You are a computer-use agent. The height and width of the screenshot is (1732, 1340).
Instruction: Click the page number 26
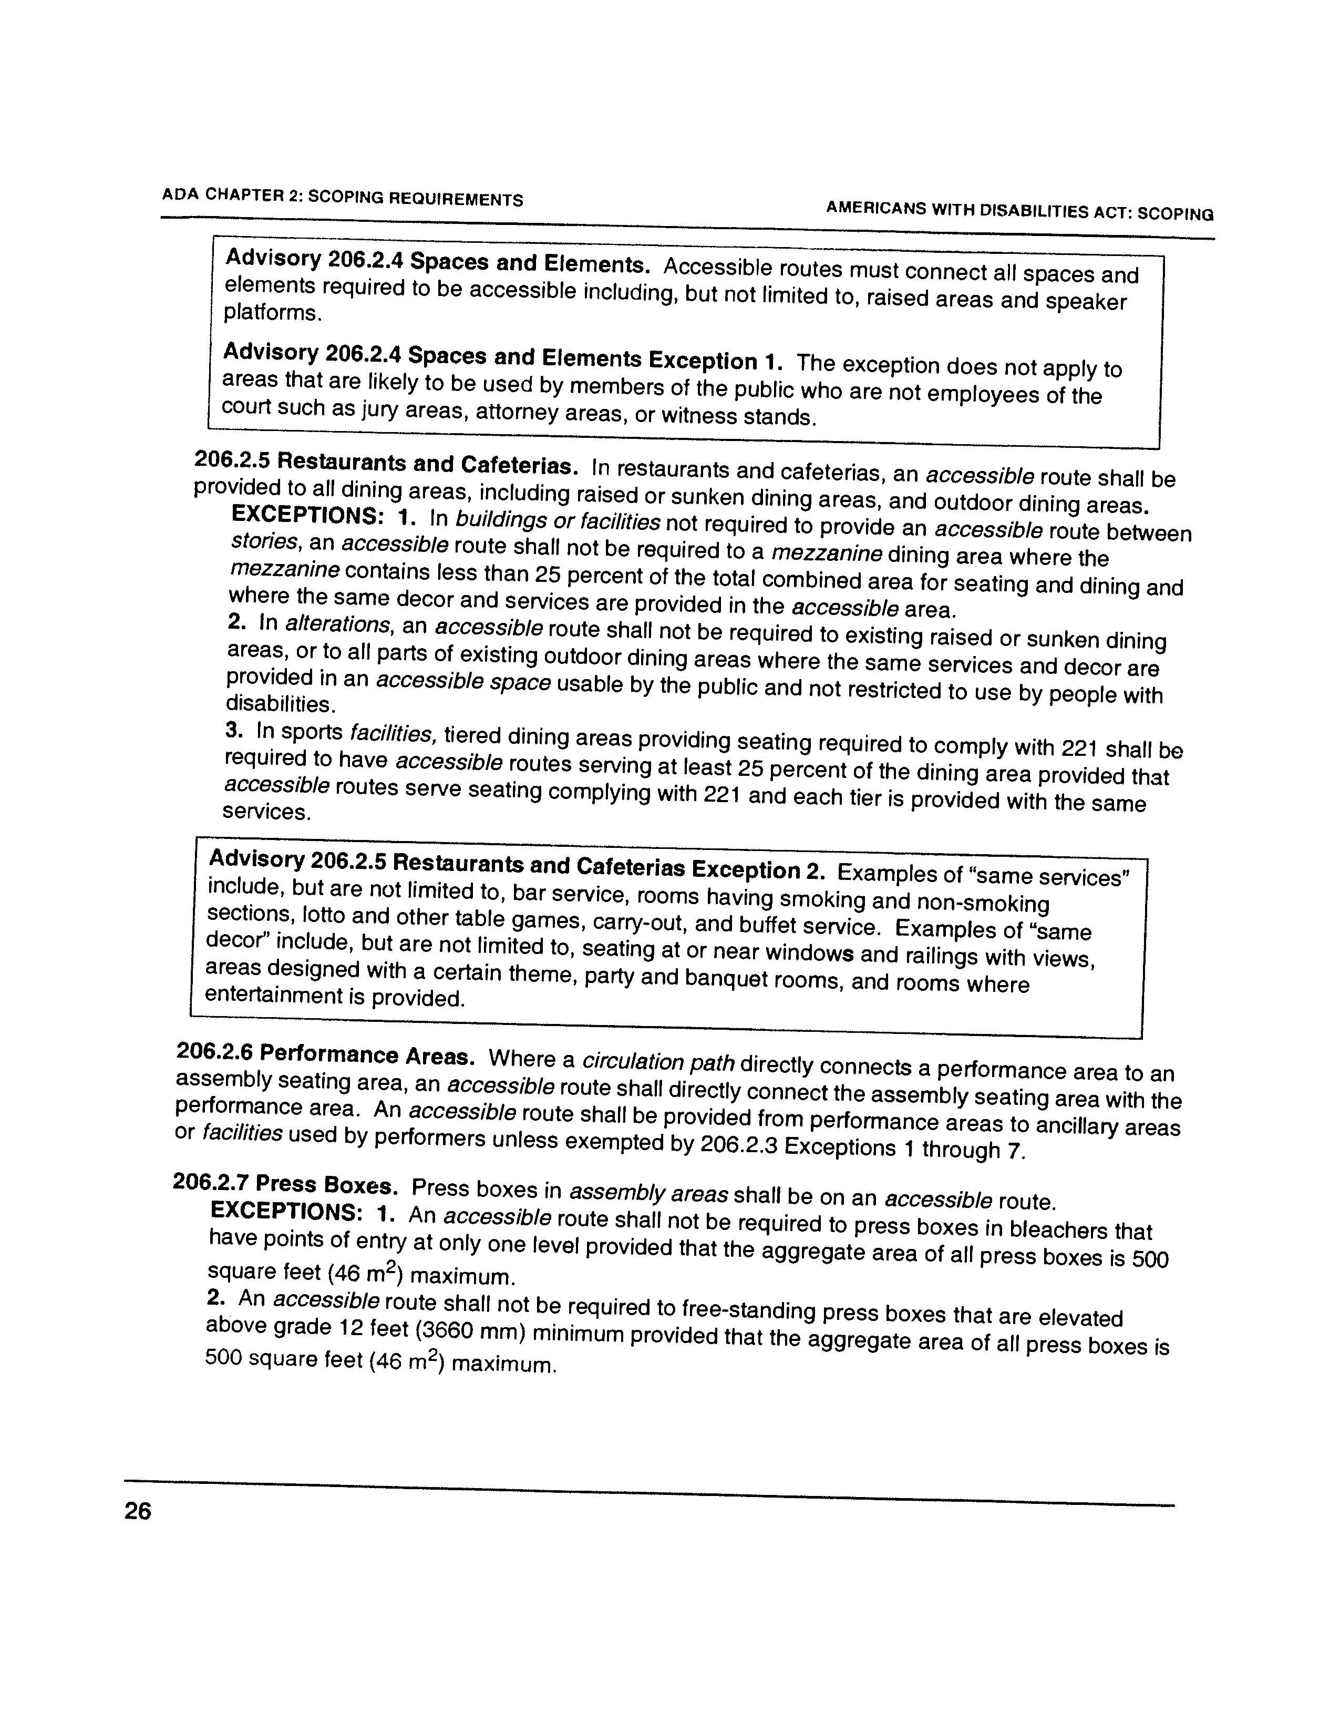pos(137,1512)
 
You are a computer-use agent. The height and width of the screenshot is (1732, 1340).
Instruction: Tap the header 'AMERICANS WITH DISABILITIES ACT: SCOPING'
pos(1019,211)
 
